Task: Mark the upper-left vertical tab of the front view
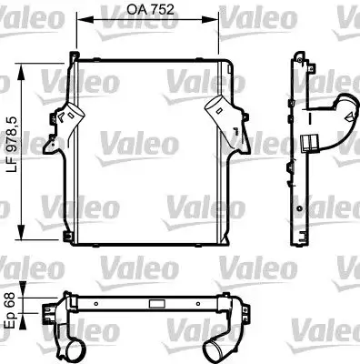coord(73,64)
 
